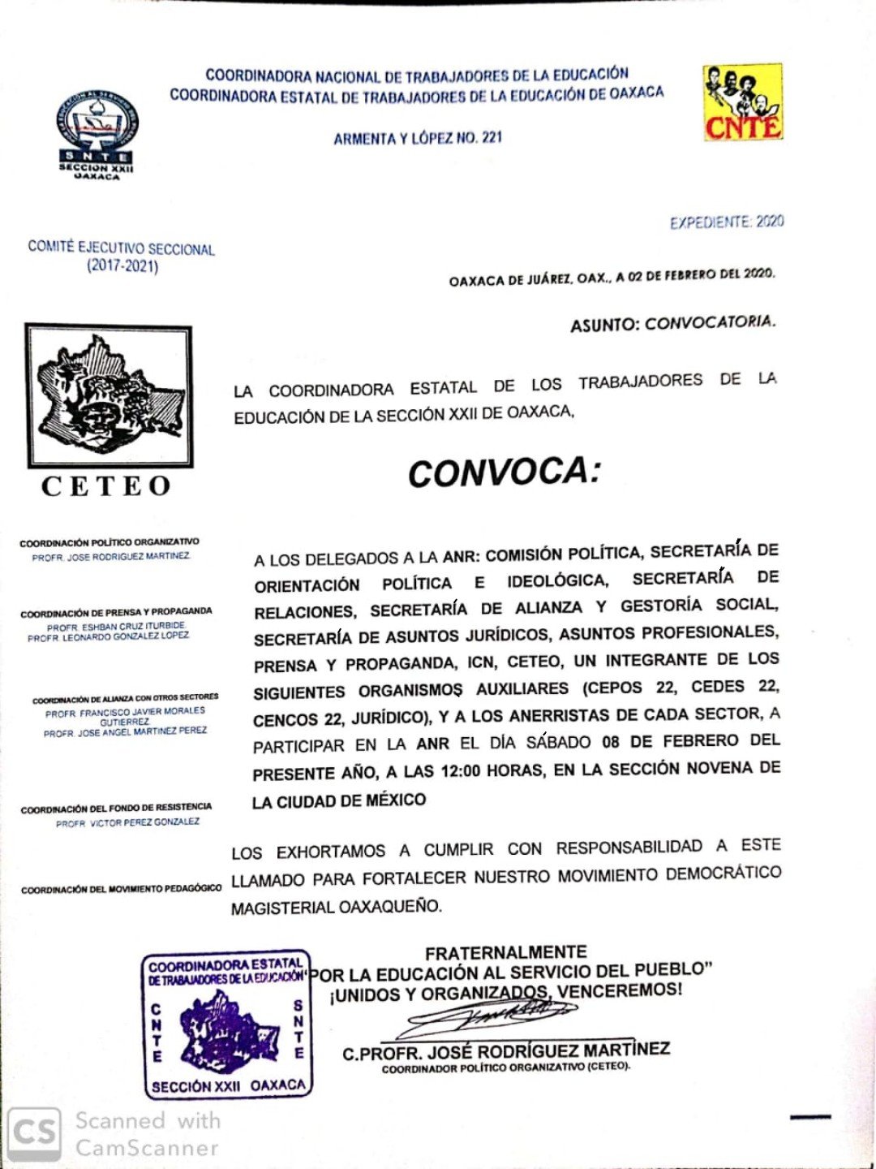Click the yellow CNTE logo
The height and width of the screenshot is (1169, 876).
point(742,103)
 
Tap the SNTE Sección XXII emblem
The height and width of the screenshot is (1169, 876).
point(97,134)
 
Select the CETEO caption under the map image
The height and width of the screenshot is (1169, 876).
point(106,486)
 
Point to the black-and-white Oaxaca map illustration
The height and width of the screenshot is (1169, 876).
point(109,395)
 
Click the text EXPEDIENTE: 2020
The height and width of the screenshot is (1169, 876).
point(726,222)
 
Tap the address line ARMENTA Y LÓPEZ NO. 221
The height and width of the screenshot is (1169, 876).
point(418,138)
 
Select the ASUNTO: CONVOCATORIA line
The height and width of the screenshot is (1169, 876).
point(672,323)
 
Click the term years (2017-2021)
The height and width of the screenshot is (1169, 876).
point(122,266)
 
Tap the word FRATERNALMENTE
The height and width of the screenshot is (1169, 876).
point(505,952)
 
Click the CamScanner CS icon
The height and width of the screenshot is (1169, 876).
point(34,1132)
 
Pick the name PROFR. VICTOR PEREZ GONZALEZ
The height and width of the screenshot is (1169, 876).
point(127,822)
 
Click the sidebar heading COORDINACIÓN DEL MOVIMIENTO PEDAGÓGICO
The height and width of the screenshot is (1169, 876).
point(121,889)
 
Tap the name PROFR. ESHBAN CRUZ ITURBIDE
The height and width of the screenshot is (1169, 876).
point(116,627)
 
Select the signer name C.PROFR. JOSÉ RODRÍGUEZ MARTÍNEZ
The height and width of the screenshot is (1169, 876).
point(506,1051)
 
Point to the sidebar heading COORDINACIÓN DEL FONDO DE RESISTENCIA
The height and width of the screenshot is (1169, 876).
point(116,809)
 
